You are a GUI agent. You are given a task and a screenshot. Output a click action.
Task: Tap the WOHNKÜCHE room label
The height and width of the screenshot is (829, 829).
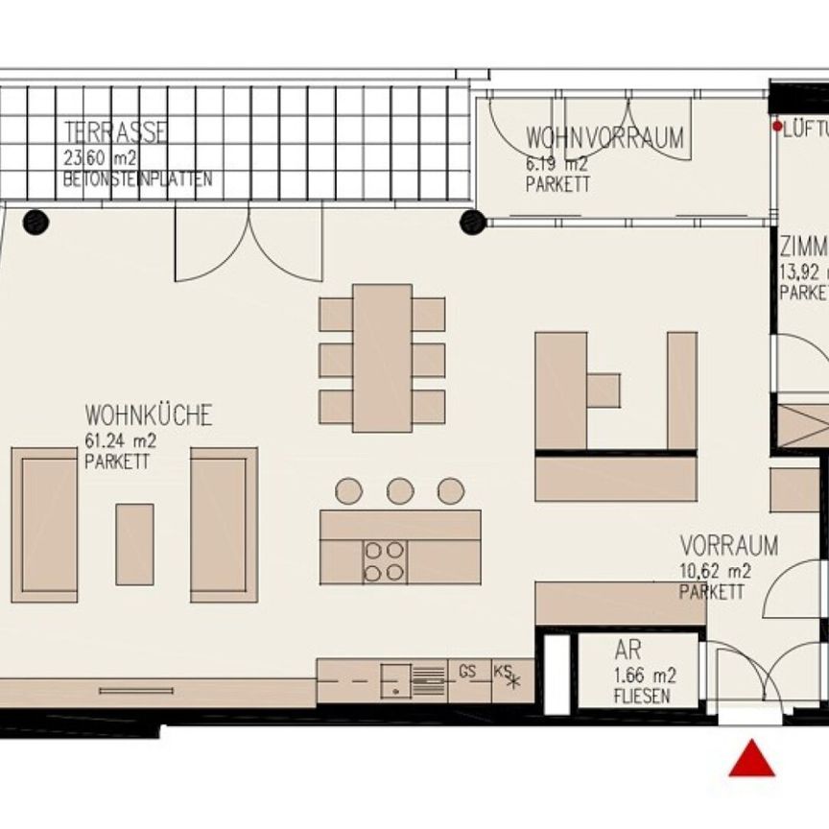(149, 415)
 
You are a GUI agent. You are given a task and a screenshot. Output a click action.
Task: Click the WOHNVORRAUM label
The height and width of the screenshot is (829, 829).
(604, 138)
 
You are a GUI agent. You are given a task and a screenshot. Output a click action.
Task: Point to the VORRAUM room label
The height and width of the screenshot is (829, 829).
(728, 546)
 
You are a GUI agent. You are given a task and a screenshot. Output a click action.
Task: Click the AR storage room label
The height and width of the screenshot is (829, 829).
(628, 651)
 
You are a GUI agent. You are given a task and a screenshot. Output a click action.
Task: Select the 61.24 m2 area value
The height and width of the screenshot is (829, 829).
(120, 441)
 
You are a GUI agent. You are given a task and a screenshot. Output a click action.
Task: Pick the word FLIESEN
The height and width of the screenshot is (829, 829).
(641, 697)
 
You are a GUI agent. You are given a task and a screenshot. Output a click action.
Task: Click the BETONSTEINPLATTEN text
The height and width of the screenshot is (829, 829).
(137, 179)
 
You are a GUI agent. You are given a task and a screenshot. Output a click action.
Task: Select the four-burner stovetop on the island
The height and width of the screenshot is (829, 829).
(385, 561)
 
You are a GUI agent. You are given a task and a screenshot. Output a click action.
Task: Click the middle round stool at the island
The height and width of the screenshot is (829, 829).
(400, 491)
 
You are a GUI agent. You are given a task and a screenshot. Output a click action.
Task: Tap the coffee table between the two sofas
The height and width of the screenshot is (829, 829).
(134, 544)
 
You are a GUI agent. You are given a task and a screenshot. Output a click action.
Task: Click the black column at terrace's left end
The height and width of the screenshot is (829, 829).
(36, 222)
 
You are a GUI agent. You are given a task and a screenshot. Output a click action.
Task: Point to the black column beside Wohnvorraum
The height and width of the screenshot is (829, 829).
(471, 222)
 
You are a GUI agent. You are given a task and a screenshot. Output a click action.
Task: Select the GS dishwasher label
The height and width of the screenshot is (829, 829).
(467, 672)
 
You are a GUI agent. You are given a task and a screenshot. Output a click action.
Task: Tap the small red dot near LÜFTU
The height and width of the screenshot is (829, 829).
(777, 126)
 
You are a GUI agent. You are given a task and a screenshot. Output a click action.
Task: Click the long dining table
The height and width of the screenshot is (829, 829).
(382, 358)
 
